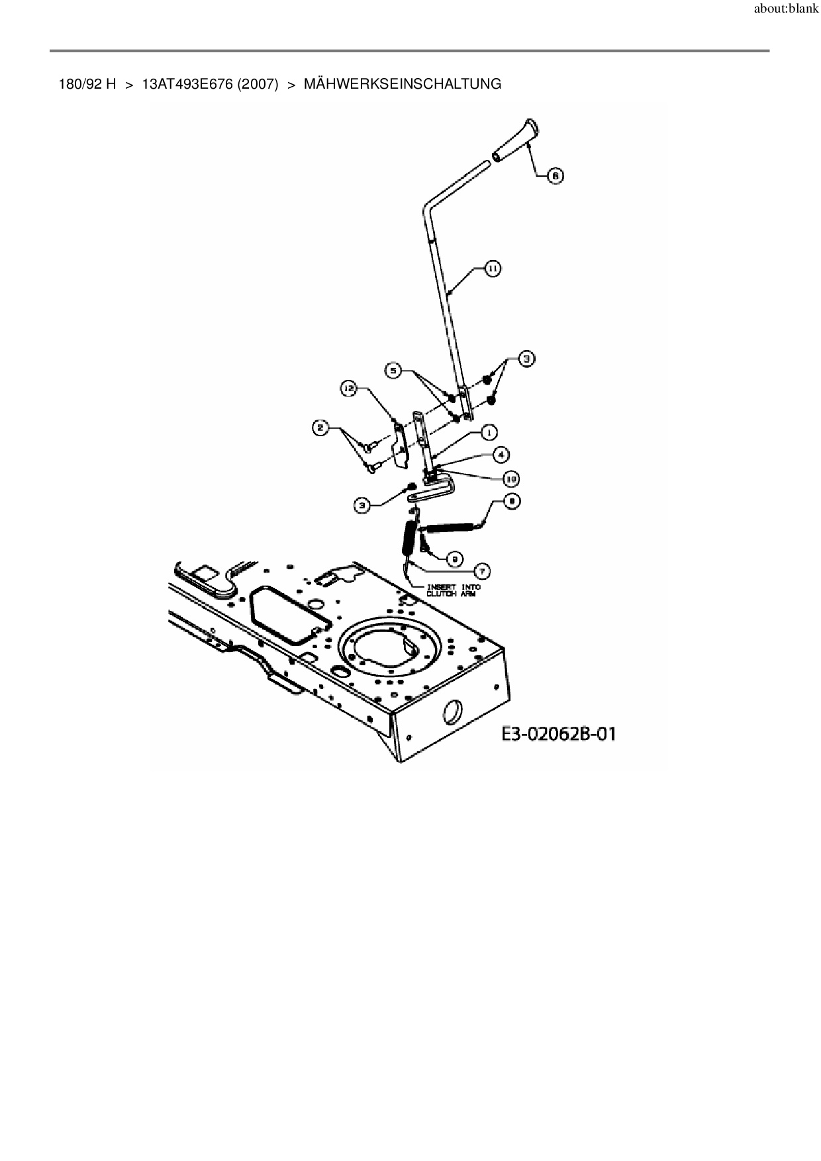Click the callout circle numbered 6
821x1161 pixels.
[555, 175]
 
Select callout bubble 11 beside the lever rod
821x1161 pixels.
[493, 269]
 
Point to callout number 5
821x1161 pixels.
[394, 371]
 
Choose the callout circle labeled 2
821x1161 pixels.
[320, 428]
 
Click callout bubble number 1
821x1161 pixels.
[489, 433]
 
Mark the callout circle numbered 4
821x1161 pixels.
[501, 455]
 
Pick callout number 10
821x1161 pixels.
[510, 478]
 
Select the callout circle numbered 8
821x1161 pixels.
[511, 502]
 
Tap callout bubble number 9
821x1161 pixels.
[454, 559]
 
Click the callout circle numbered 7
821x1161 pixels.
[482, 570]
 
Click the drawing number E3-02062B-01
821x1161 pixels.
[558, 734]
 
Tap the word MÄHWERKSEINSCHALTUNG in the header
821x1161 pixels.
[402, 84]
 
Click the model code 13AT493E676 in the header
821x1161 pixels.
[188, 84]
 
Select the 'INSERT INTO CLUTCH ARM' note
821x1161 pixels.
[454, 590]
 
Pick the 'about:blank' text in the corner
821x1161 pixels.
[786, 11]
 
